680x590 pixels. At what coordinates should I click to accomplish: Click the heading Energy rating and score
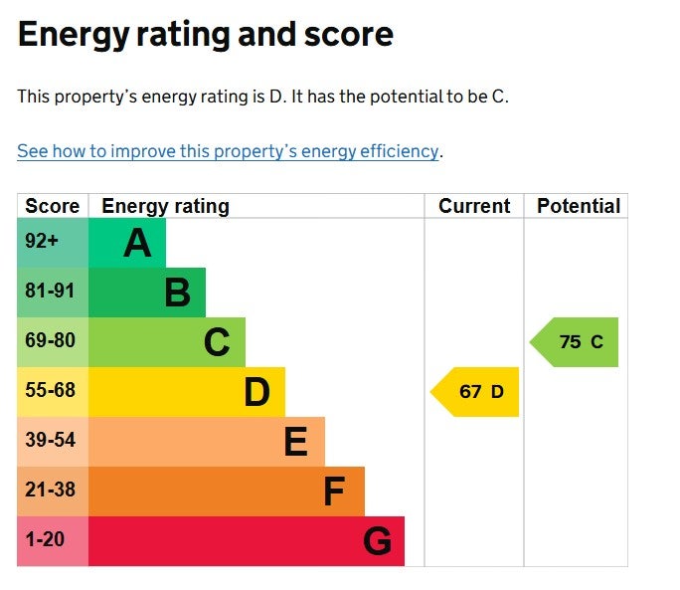[x=206, y=35]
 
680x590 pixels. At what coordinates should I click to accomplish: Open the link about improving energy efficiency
[x=228, y=151]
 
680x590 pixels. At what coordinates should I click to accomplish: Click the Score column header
[x=53, y=206]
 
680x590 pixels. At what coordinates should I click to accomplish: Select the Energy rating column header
[x=165, y=206]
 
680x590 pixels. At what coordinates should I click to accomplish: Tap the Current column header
[x=474, y=206]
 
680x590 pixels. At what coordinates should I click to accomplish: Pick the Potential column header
[x=578, y=206]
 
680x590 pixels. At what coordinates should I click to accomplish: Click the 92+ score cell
[x=42, y=242]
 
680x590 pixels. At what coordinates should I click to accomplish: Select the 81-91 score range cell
[x=51, y=292]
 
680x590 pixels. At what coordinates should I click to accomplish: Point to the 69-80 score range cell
[x=51, y=341]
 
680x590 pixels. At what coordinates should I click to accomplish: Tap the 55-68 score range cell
[x=51, y=391]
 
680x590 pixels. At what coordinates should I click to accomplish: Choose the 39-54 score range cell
[x=51, y=441]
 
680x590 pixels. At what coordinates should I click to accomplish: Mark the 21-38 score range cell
[x=51, y=491]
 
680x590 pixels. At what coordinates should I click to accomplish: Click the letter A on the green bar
[x=137, y=243]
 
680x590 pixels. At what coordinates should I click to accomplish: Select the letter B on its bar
[x=177, y=293]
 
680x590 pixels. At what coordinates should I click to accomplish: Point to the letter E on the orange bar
[x=295, y=442]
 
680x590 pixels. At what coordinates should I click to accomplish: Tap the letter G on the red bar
[x=377, y=541]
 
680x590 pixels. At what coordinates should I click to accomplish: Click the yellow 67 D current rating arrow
[x=477, y=392]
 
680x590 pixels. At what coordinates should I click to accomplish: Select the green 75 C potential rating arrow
[x=577, y=342]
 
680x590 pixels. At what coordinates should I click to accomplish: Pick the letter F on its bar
[x=334, y=492]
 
